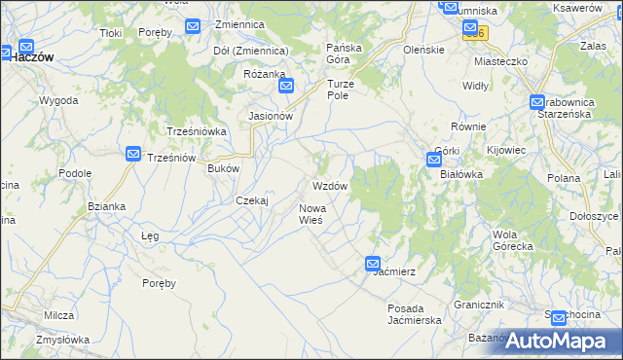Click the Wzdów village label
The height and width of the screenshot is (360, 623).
click(x=329, y=185)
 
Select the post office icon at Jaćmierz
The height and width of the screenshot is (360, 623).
click(x=373, y=263)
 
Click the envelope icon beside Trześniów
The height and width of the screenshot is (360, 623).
click(x=133, y=153)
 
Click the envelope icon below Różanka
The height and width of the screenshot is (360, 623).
click(x=286, y=86)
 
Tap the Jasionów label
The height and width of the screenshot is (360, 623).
click(x=271, y=115)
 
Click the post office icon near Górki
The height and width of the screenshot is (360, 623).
click(x=433, y=160)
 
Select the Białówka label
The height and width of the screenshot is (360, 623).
click(x=461, y=174)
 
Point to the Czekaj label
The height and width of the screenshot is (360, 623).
click(x=251, y=199)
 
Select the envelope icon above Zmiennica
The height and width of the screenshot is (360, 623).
click(x=193, y=26)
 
